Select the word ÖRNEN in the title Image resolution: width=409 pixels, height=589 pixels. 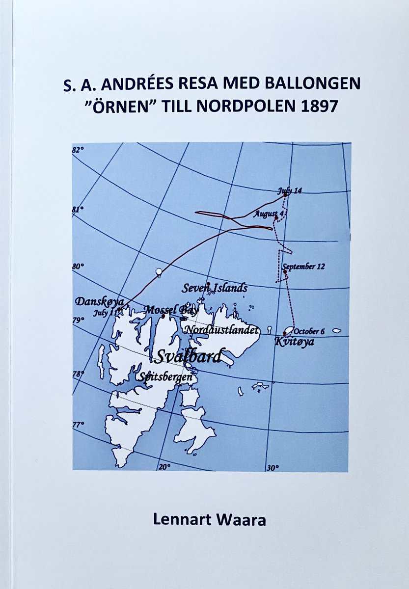[x=125, y=107]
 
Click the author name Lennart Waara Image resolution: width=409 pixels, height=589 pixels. [x=210, y=520]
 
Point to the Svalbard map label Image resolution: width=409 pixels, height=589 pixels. [x=189, y=355]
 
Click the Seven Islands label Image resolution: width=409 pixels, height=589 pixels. [x=215, y=289]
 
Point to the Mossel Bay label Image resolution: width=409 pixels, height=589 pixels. [x=171, y=310]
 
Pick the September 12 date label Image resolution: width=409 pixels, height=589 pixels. [x=303, y=267]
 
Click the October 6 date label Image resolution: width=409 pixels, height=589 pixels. [x=309, y=331]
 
